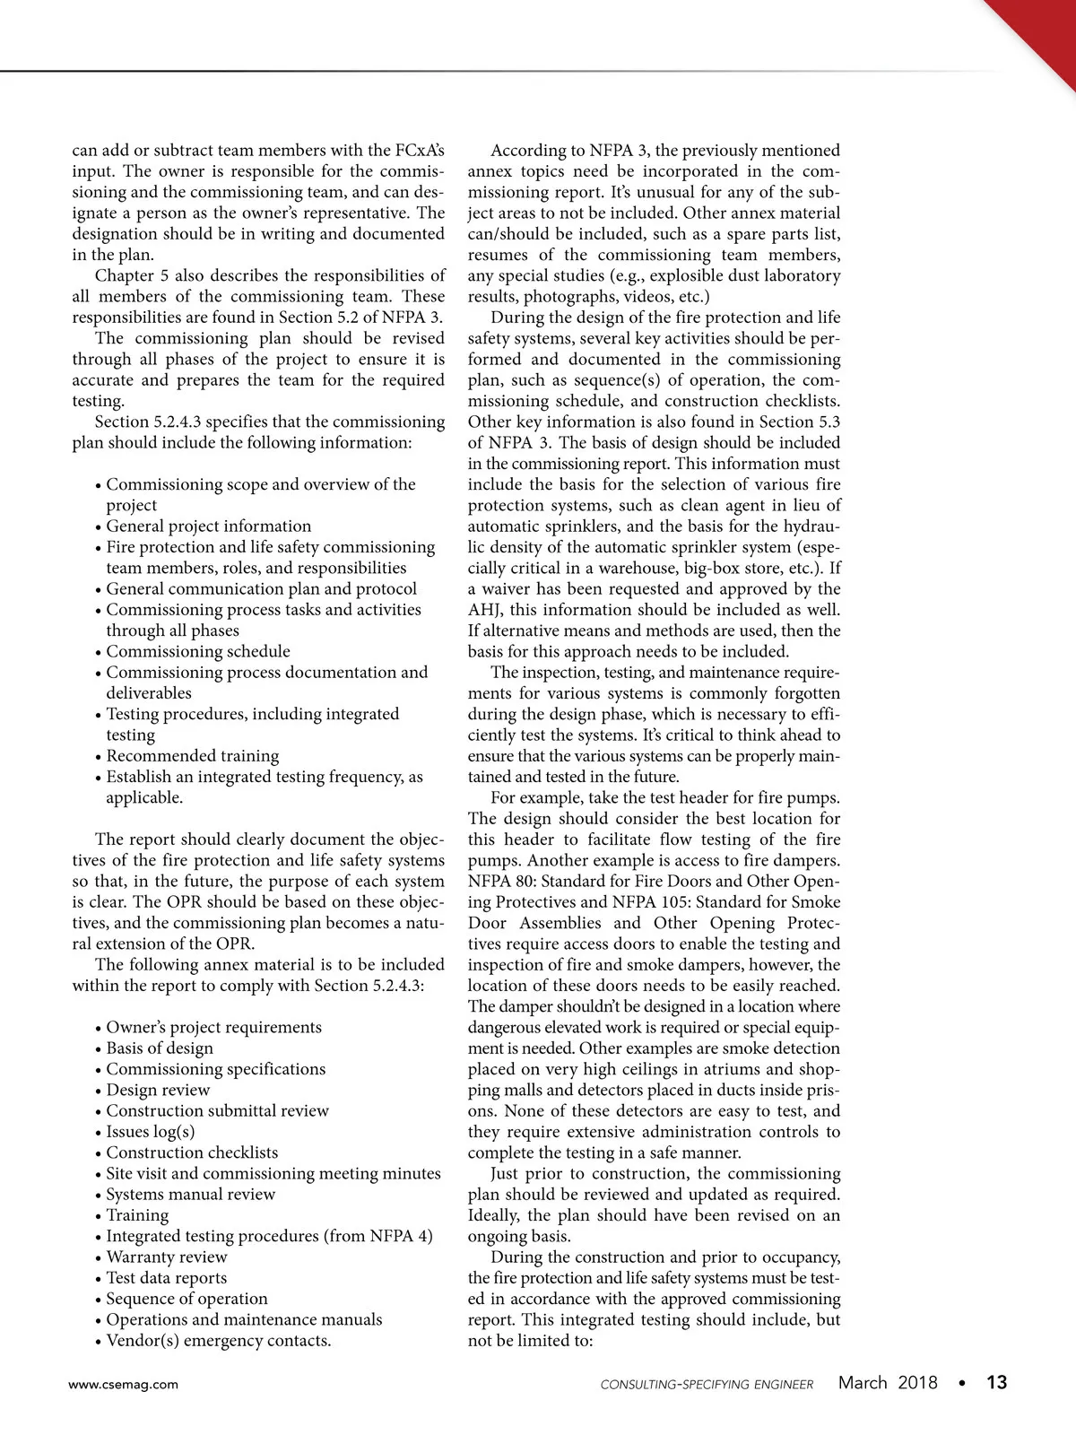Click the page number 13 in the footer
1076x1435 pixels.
[x=996, y=1383]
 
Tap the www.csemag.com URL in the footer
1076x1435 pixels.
[x=124, y=1384]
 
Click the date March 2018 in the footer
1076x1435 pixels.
[x=888, y=1383]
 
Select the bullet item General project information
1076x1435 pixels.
[x=208, y=526]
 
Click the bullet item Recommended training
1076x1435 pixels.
[x=192, y=756]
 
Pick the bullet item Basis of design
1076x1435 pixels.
[x=160, y=1048]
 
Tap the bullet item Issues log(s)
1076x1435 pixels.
[x=150, y=1132]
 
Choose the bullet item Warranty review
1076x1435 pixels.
[x=166, y=1257]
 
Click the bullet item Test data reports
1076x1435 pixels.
[x=166, y=1278]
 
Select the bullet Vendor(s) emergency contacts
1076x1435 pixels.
[x=218, y=1341]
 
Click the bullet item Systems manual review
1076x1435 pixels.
[x=190, y=1195]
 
